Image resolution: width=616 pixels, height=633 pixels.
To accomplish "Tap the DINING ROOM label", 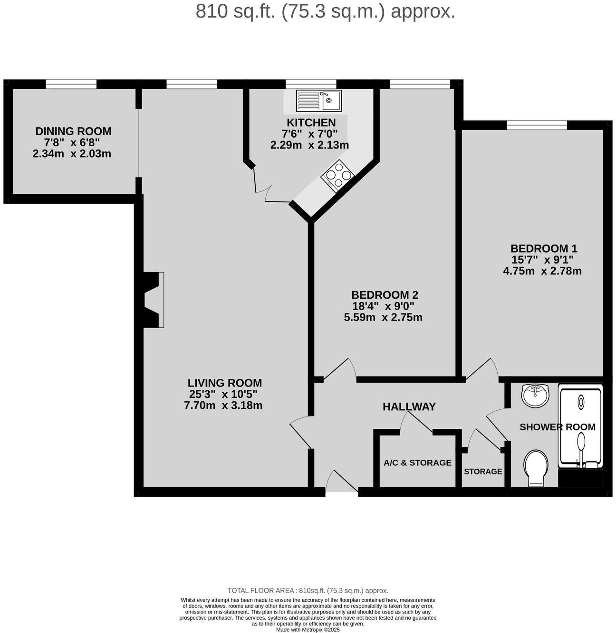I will (x=74, y=131).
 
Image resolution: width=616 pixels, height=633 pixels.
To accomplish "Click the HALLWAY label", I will (x=409, y=406).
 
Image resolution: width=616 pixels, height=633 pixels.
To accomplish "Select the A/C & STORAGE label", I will (x=417, y=463).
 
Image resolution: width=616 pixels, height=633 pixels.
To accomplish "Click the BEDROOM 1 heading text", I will (x=543, y=248).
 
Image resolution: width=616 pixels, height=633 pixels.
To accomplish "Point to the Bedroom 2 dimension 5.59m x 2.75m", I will (x=383, y=317).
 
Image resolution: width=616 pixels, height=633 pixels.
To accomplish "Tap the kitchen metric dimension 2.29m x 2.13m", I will (x=309, y=145).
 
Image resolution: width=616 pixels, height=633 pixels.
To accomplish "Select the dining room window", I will (x=71, y=84).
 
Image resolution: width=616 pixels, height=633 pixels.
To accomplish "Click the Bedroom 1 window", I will (x=537, y=125).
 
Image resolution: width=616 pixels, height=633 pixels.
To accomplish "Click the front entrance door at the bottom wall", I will (x=342, y=484).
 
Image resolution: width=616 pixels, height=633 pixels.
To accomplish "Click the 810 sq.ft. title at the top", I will (x=325, y=11).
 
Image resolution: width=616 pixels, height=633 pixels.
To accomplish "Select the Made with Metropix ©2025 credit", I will (x=308, y=630).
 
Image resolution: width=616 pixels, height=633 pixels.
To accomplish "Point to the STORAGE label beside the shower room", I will (x=483, y=472).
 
